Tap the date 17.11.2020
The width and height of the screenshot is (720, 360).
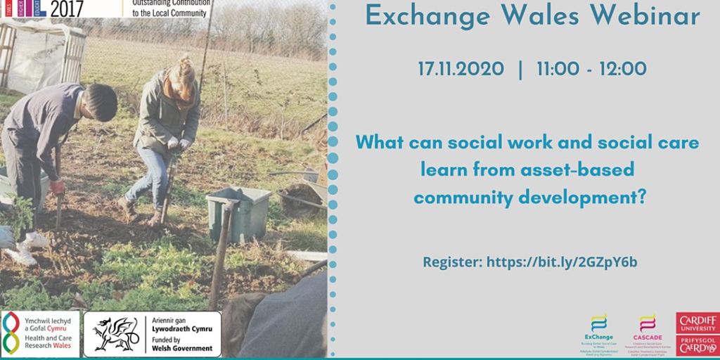[x=461, y=69]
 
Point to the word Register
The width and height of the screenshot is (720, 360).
[x=451, y=262]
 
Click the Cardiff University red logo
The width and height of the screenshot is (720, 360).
[x=697, y=323]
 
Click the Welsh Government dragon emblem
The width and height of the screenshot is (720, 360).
[x=116, y=333]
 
